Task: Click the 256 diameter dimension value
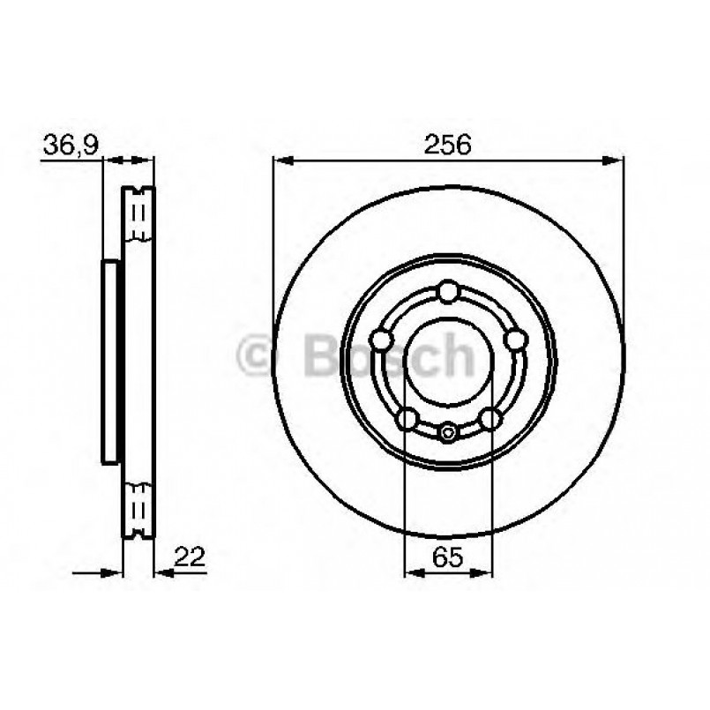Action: (x=448, y=145)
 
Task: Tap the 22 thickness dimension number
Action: (x=190, y=557)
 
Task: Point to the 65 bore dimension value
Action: (x=448, y=557)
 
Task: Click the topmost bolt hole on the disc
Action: (x=448, y=291)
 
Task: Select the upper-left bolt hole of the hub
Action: (x=382, y=340)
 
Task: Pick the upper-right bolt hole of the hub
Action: (x=514, y=340)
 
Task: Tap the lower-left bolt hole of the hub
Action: (x=407, y=417)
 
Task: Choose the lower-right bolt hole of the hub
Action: (x=490, y=417)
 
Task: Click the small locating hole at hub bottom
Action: (x=448, y=431)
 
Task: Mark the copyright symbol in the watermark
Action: (x=258, y=356)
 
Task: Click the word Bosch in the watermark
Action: (x=388, y=356)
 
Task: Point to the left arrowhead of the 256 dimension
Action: (x=280, y=160)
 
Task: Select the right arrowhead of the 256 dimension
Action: (x=615, y=160)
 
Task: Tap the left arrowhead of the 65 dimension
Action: (x=412, y=572)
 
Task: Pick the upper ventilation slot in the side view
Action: (x=138, y=215)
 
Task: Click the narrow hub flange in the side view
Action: (x=110, y=361)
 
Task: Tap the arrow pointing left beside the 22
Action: (x=163, y=572)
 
